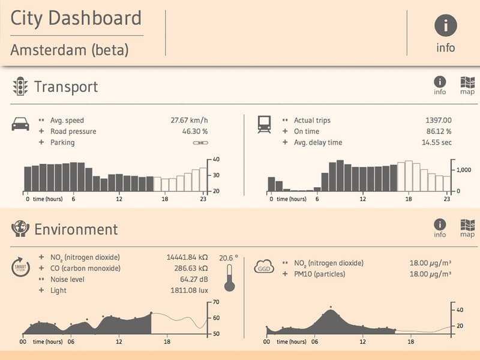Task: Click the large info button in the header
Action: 445,26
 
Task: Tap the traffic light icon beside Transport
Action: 20,86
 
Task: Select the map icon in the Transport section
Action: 467,85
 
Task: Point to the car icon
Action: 20,124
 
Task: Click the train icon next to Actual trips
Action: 263,124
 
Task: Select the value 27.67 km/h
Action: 189,120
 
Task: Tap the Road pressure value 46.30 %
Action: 195,131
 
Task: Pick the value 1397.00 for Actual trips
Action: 438,120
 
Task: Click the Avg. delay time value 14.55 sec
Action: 436,143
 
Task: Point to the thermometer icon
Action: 228,279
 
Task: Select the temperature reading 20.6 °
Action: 228,257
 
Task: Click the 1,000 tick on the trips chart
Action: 466,170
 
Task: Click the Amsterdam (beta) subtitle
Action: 70,50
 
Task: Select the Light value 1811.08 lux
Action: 189,290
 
